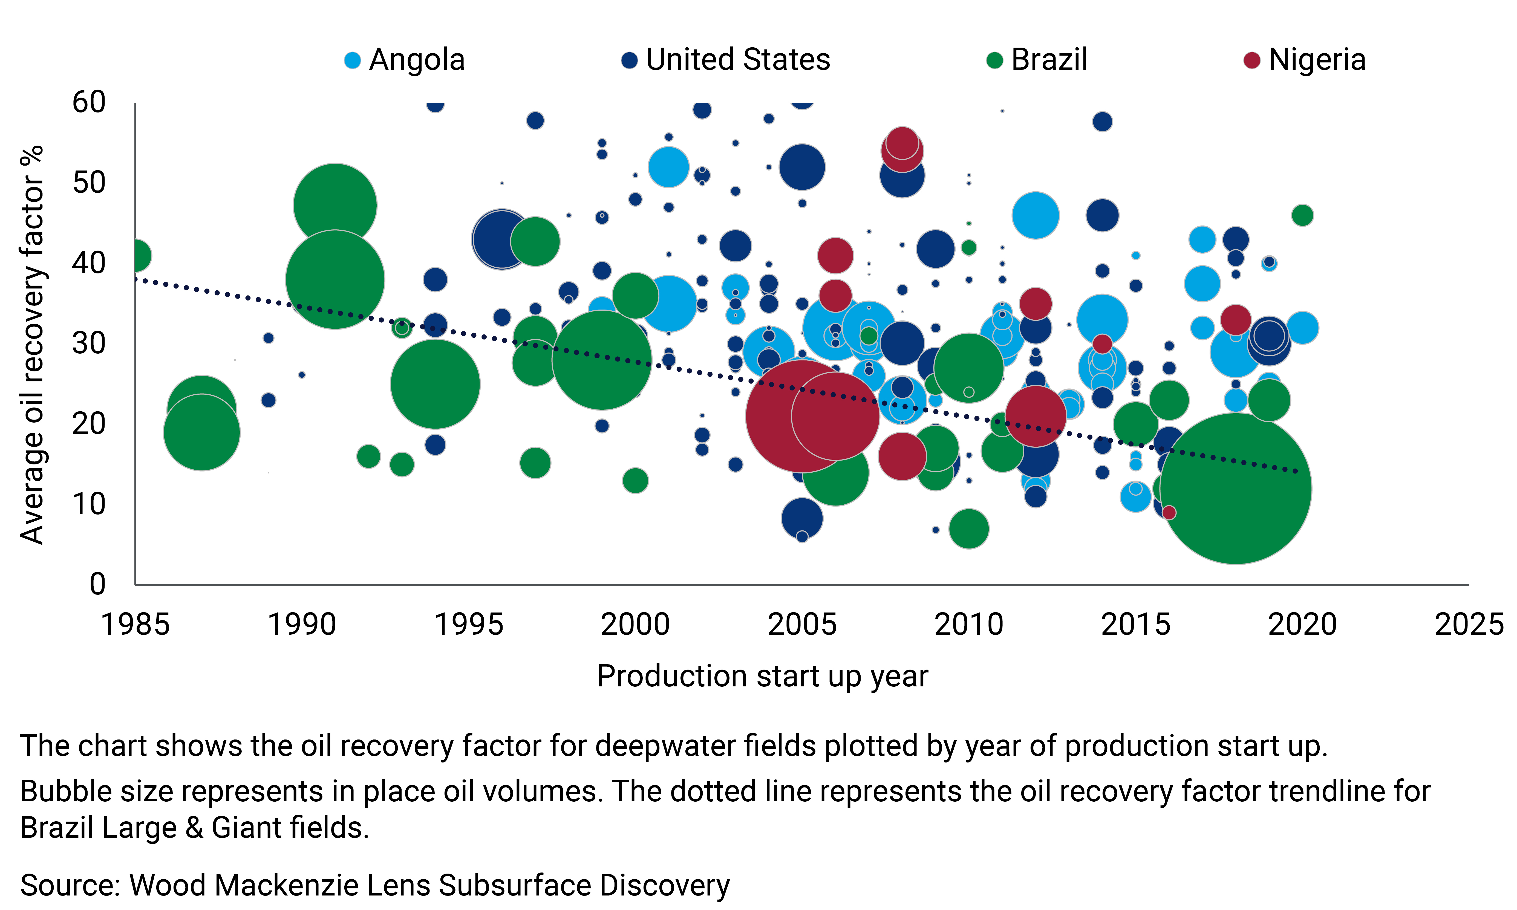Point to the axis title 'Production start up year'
[762, 676]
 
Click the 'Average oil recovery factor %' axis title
[32, 345]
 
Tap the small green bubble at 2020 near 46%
[1302, 215]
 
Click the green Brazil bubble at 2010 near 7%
[969, 528]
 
